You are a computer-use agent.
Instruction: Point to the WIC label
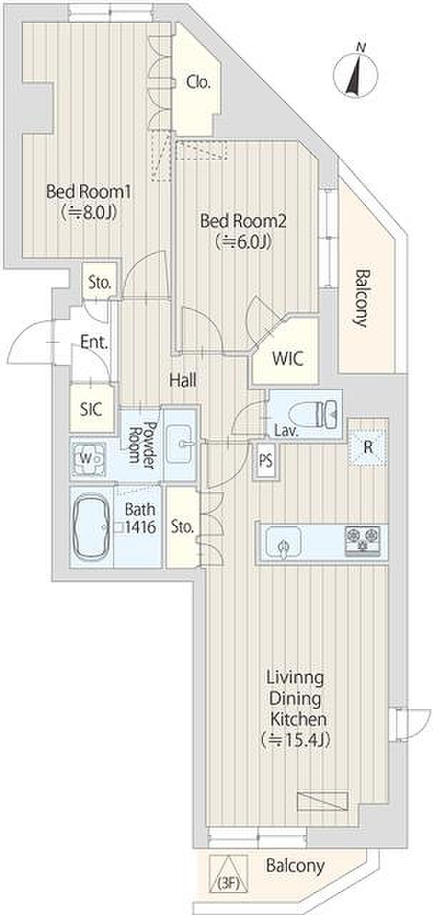(287, 359)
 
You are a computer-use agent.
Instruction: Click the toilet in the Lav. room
(313, 414)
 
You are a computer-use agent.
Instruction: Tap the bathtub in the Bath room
(91, 528)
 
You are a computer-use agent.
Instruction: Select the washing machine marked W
(87, 458)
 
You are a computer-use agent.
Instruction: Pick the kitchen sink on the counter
(284, 542)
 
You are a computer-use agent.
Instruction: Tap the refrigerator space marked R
(368, 447)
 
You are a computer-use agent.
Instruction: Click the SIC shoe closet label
(91, 409)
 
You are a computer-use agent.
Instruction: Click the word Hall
(183, 381)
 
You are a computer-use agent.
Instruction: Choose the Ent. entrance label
(94, 342)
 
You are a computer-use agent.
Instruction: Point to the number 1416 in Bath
(141, 528)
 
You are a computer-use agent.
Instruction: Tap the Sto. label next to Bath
(182, 527)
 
